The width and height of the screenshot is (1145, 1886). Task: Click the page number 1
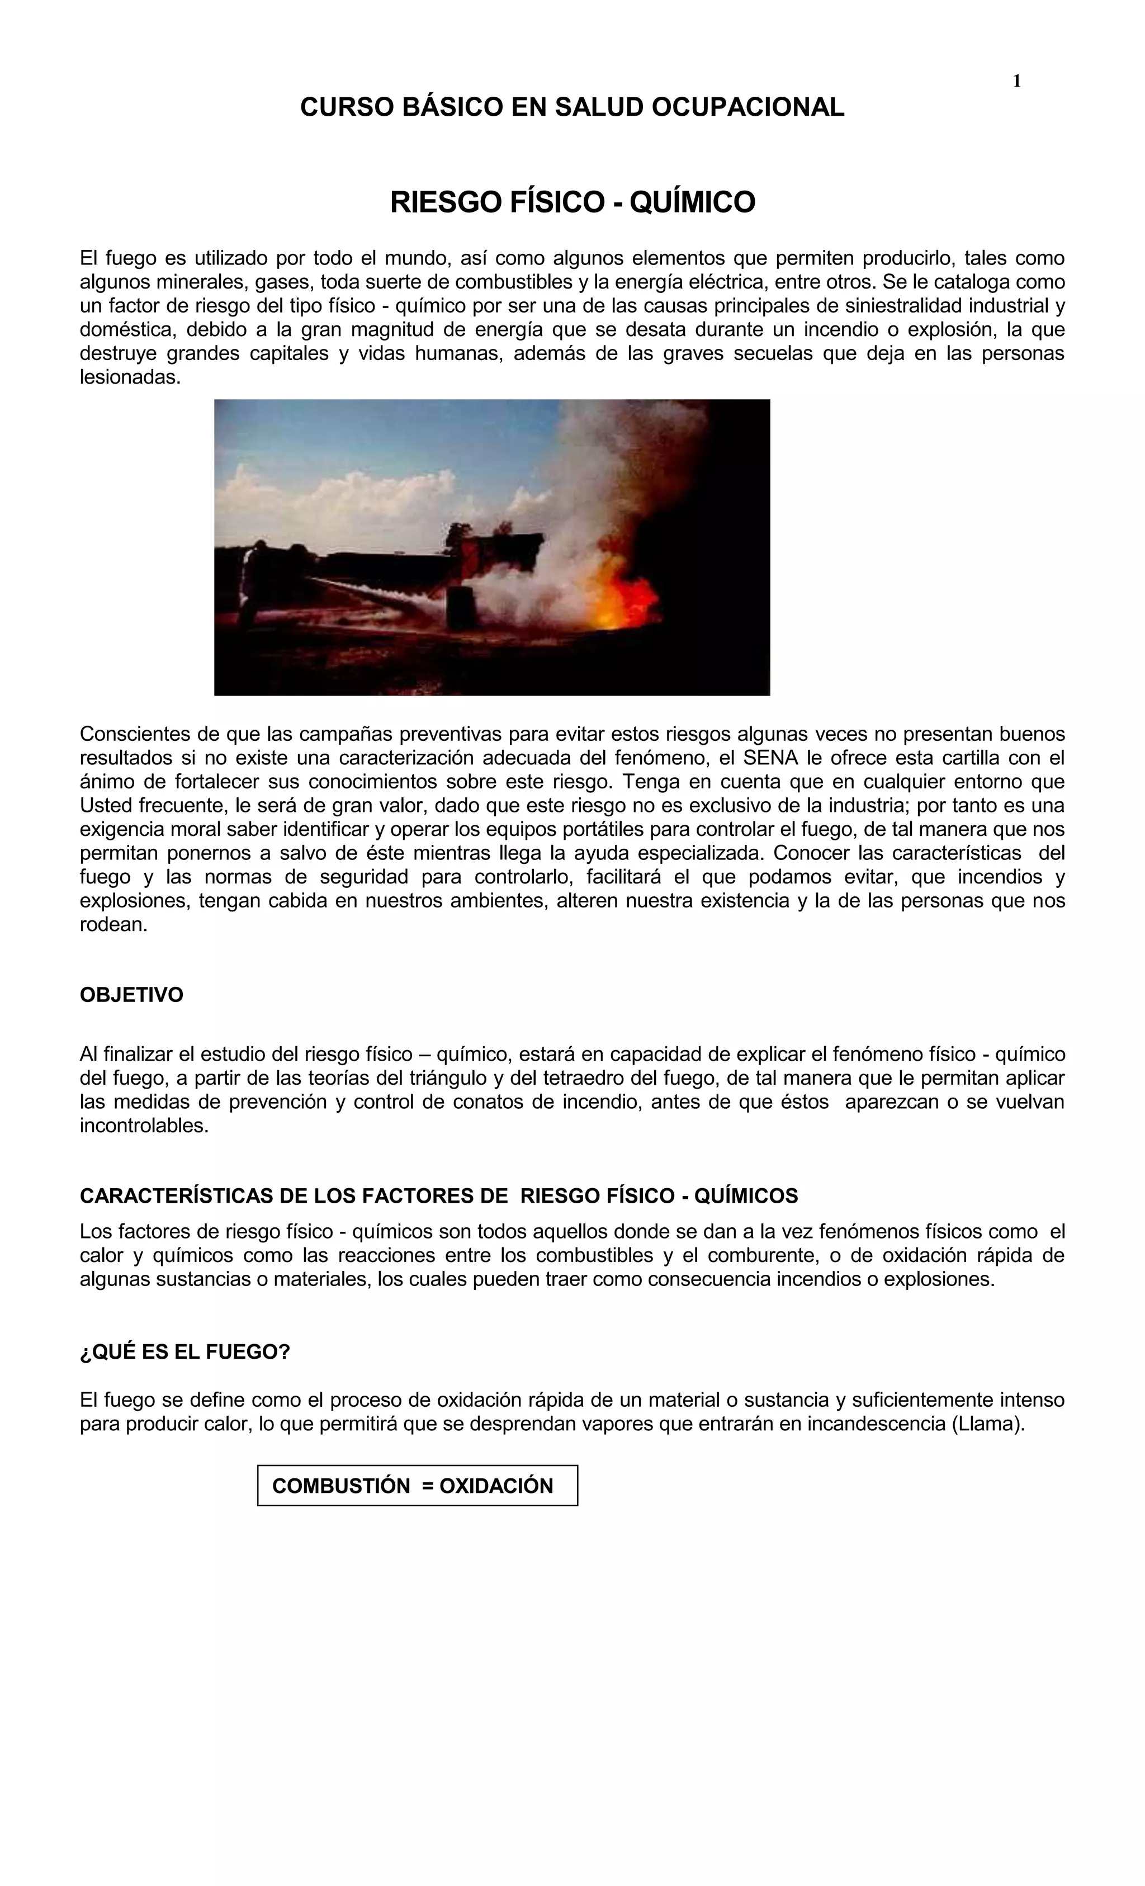click(1016, 81)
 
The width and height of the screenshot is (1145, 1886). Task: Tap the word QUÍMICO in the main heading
click(694, 202)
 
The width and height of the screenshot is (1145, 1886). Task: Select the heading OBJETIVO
click(131, 995)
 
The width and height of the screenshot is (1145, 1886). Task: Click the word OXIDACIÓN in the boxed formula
click(496, 1443)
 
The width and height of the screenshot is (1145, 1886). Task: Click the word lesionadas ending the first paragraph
click(130, 378)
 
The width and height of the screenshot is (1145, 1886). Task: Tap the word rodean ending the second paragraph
click(113, 925)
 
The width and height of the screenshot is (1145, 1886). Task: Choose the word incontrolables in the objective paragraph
click(144, 1126)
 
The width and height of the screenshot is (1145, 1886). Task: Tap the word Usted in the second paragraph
click(105, 806)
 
